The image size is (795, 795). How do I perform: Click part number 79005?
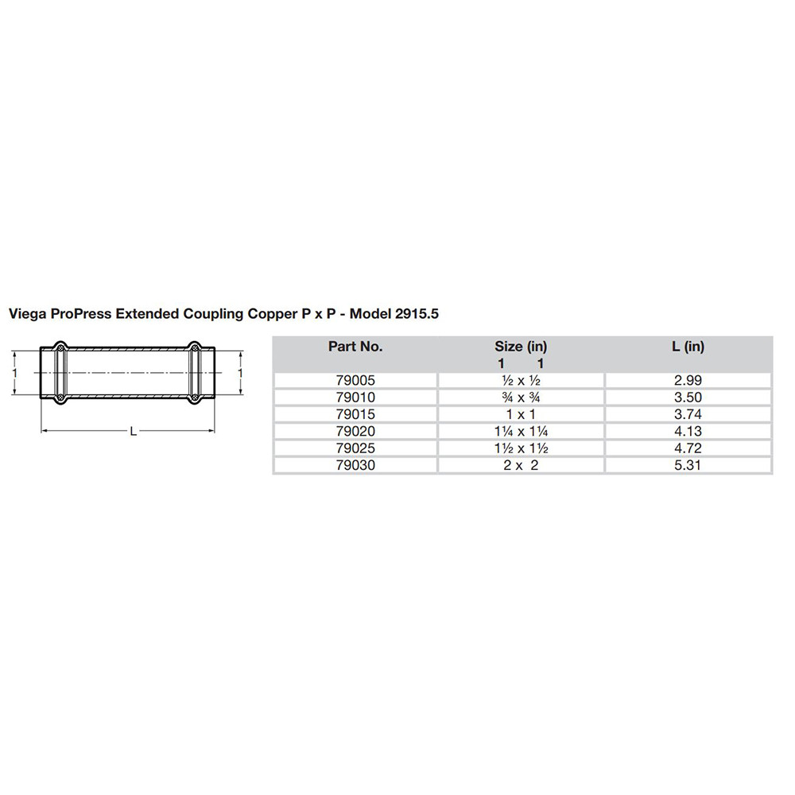[x=355, y=381]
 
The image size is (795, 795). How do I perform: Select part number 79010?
[x=355, y=397]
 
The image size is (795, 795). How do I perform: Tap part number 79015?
[x=355, y=414]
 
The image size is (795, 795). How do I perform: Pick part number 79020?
[x=355, y=432]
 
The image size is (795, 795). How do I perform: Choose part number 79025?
[x=355, y=448]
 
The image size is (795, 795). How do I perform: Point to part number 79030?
[x=355, y=465]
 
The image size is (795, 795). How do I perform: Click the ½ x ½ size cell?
[x=521, y=381]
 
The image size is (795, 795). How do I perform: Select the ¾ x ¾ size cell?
[x=521, y=397]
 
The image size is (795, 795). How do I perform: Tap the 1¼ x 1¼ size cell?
[x=521, y=432]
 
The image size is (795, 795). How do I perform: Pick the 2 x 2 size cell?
[x=521, y=465]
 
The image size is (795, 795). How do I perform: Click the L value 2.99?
[x=688, y=381]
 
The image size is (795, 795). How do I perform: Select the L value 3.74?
[x=688, y=414]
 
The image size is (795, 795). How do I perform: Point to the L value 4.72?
[x=688, y=448]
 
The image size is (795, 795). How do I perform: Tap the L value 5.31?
[x=688, y=465]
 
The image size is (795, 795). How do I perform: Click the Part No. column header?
[x=355, y=347]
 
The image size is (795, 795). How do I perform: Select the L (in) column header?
[x=688, y=347]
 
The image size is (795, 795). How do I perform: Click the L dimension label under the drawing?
[x=133, y=431]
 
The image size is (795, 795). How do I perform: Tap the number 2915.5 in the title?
[x=416, y=314]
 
